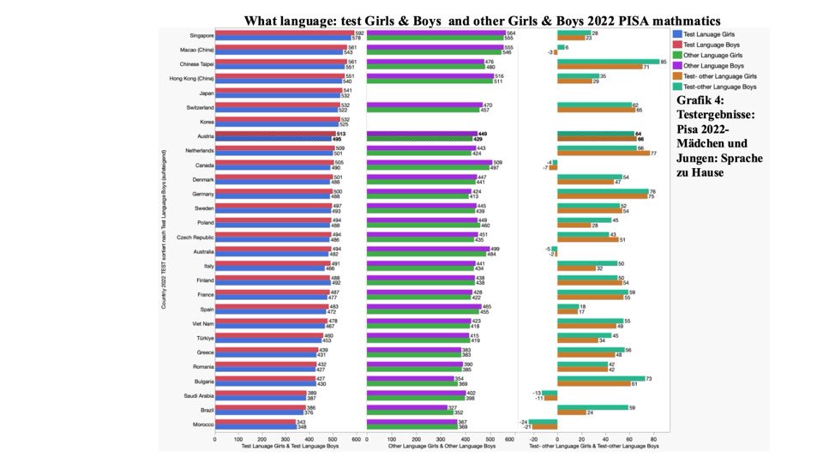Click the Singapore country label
(201, 35)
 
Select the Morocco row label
(202, 424)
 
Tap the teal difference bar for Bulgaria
(600, 378)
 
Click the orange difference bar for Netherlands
(603, 153)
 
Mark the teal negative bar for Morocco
(543, 421)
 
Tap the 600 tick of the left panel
(357, 439)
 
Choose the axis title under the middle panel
(437, 447)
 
